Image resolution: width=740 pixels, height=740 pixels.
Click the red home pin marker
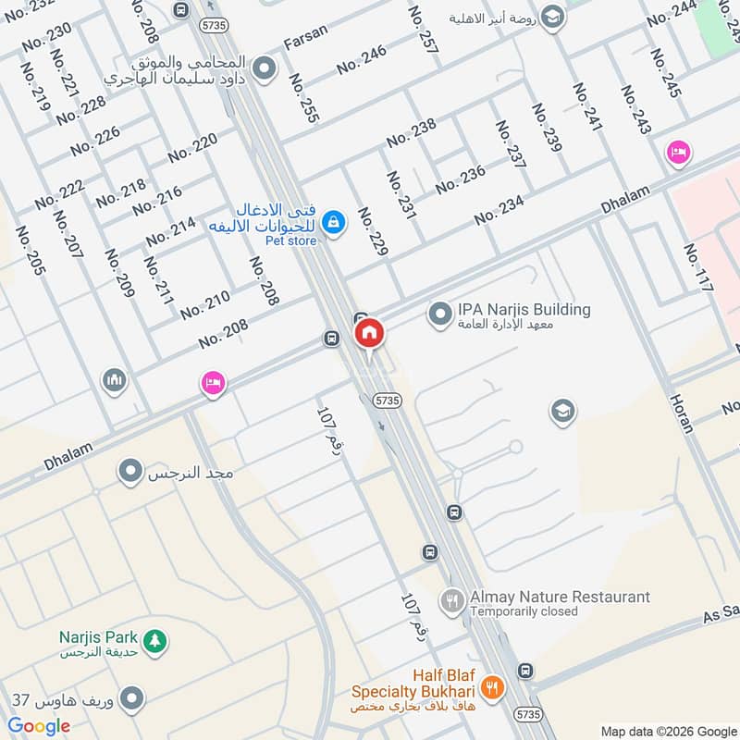pyautogui.click(x=369, y=333)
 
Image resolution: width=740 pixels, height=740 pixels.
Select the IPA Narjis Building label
pyautogui.click(x=524, y=310)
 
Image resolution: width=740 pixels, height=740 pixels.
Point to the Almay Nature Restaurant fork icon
pyautogui.click(x=451, y=601)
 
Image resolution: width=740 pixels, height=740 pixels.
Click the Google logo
pyautogui.click(x=39, y=726)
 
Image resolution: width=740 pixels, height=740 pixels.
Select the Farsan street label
pyautogui.click(x=306, y=43)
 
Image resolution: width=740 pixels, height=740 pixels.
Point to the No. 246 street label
pyautogui.click(x=362, y=60)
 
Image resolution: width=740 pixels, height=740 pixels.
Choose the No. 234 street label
pyautogui.click(x=499, y=210)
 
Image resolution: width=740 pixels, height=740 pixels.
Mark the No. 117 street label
pyautogui.click(x=698, y=268)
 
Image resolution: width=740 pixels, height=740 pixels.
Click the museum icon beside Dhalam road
pyautogui.click(x=115, y=380)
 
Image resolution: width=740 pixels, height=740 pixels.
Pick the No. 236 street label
pyautogui.click(x=460, y=179)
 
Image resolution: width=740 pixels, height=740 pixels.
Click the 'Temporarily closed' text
pyautogui.click(x=524, y=611)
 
